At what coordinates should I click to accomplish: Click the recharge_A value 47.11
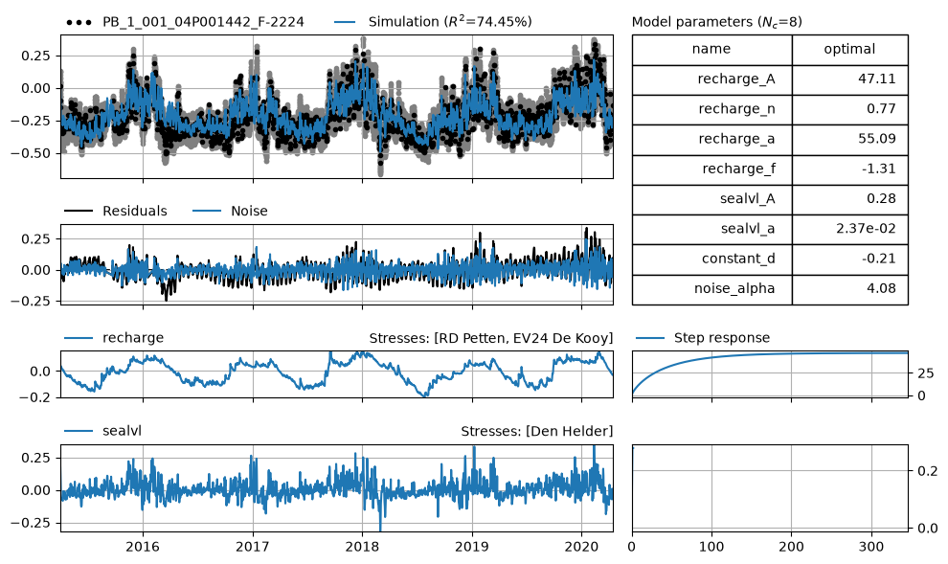tap(876, 79)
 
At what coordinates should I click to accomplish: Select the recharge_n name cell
tap(711, 109)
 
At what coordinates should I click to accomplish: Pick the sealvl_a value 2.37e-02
tap(866, 229)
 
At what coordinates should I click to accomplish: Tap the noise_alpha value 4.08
tap(881, 288)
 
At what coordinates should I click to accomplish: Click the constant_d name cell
tap(711, 259)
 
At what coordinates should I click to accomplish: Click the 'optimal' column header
tap(849, 50)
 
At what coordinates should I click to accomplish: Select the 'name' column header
tap(711, 50)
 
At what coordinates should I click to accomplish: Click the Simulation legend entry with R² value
tap(432, 22)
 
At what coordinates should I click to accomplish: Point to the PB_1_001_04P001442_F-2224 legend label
tap(203, 22)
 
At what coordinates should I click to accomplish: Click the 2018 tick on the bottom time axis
tap(362, 547)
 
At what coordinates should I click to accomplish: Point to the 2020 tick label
tap(581, 547)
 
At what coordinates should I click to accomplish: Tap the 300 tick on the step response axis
tap(871, 547)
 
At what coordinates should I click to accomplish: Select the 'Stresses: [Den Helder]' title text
tap(537, 431)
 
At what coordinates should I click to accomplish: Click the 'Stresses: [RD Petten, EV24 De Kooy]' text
tap(491, 338)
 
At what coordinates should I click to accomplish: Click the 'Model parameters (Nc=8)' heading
tap(717, 22)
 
